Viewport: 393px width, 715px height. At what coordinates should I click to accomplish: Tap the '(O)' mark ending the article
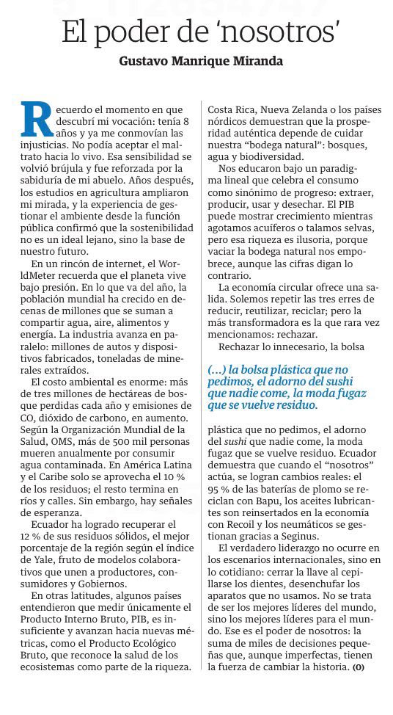coord(358,668)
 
